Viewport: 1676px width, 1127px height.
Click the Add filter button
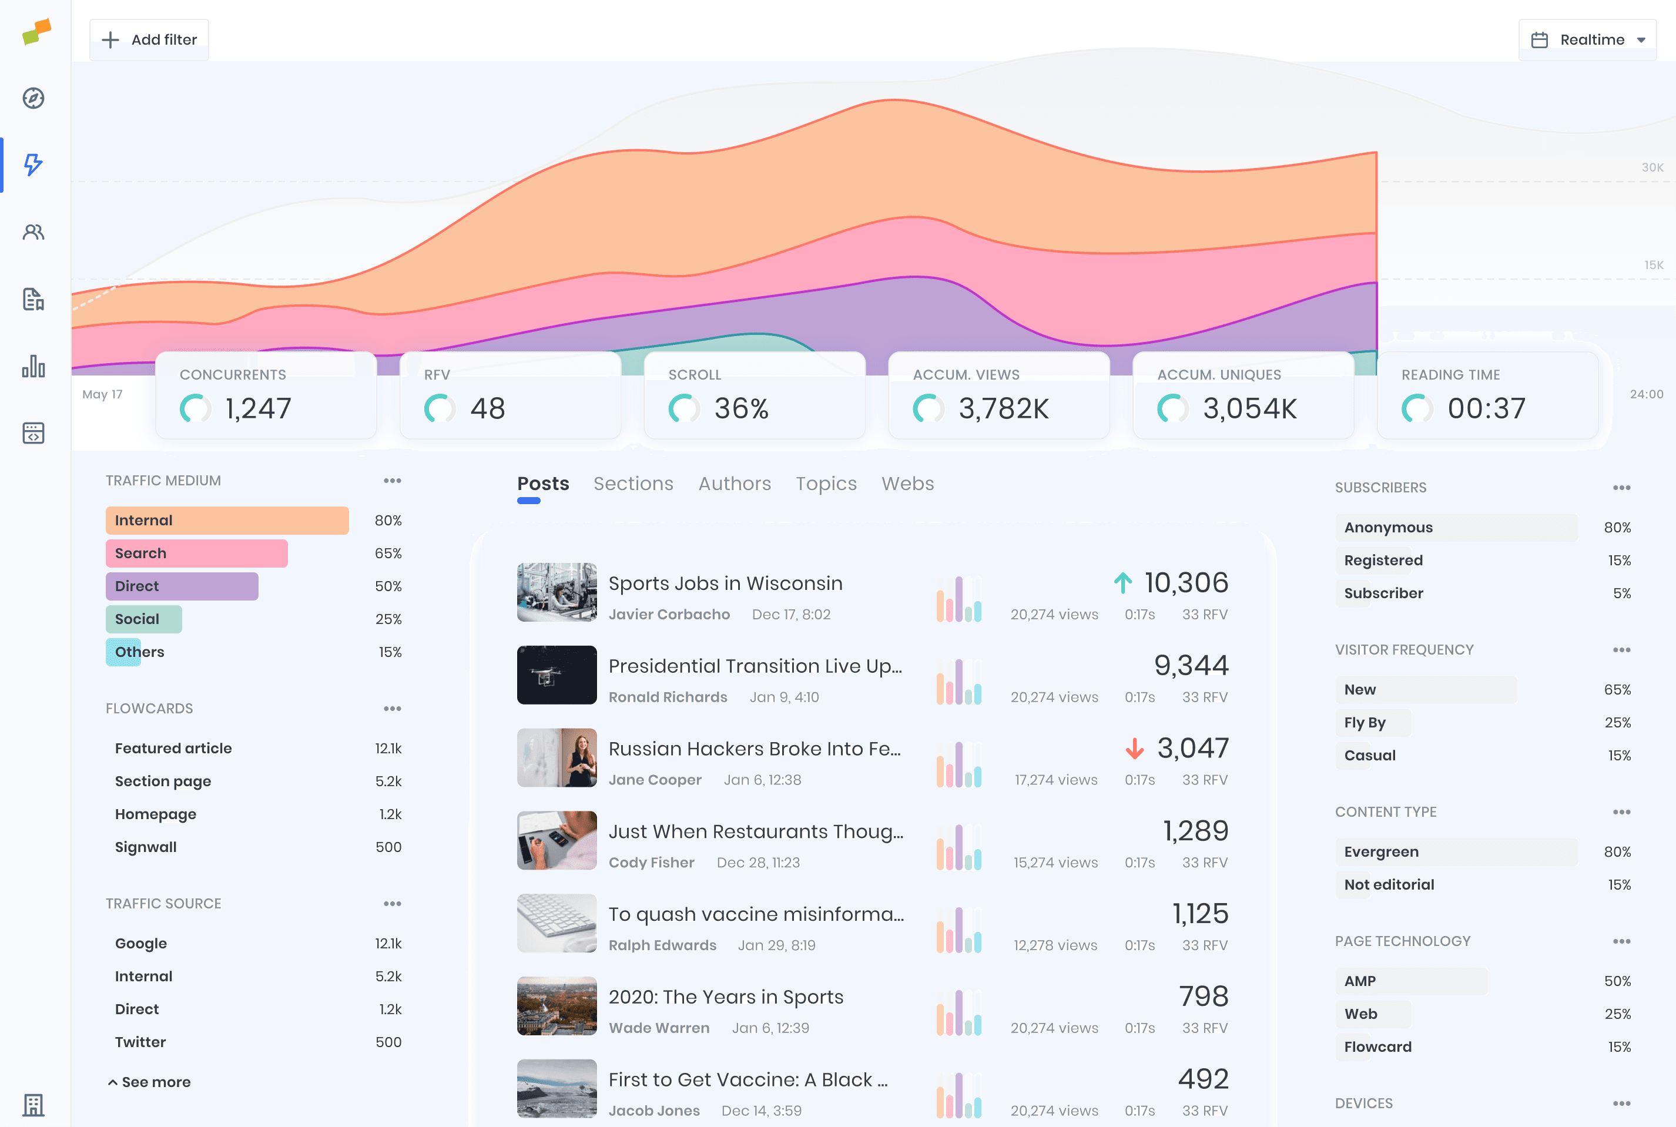pos(149,39)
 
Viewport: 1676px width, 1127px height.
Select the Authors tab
pos(734,484)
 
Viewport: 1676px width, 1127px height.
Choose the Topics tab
pos(826,484)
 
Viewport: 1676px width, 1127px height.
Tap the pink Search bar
pos(196,554)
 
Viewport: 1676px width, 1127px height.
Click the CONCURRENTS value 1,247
pos(258,408)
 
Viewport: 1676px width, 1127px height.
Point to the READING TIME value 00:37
pos(1486,408)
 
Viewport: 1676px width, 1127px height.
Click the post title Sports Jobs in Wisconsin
pos(725,583)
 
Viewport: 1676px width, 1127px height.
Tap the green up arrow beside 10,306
pos(1122,583)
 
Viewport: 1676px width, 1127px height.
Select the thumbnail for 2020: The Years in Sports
pos(557,1005)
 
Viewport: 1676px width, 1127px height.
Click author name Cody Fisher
pos(651,863)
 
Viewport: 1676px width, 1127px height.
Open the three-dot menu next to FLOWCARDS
pos(393,709)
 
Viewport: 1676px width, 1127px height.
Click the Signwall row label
pos(146,847)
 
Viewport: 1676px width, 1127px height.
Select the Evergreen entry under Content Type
pos(1380,852)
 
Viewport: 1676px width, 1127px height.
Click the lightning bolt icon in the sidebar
pos(33,165)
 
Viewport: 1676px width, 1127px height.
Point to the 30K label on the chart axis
pos(1651,167)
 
